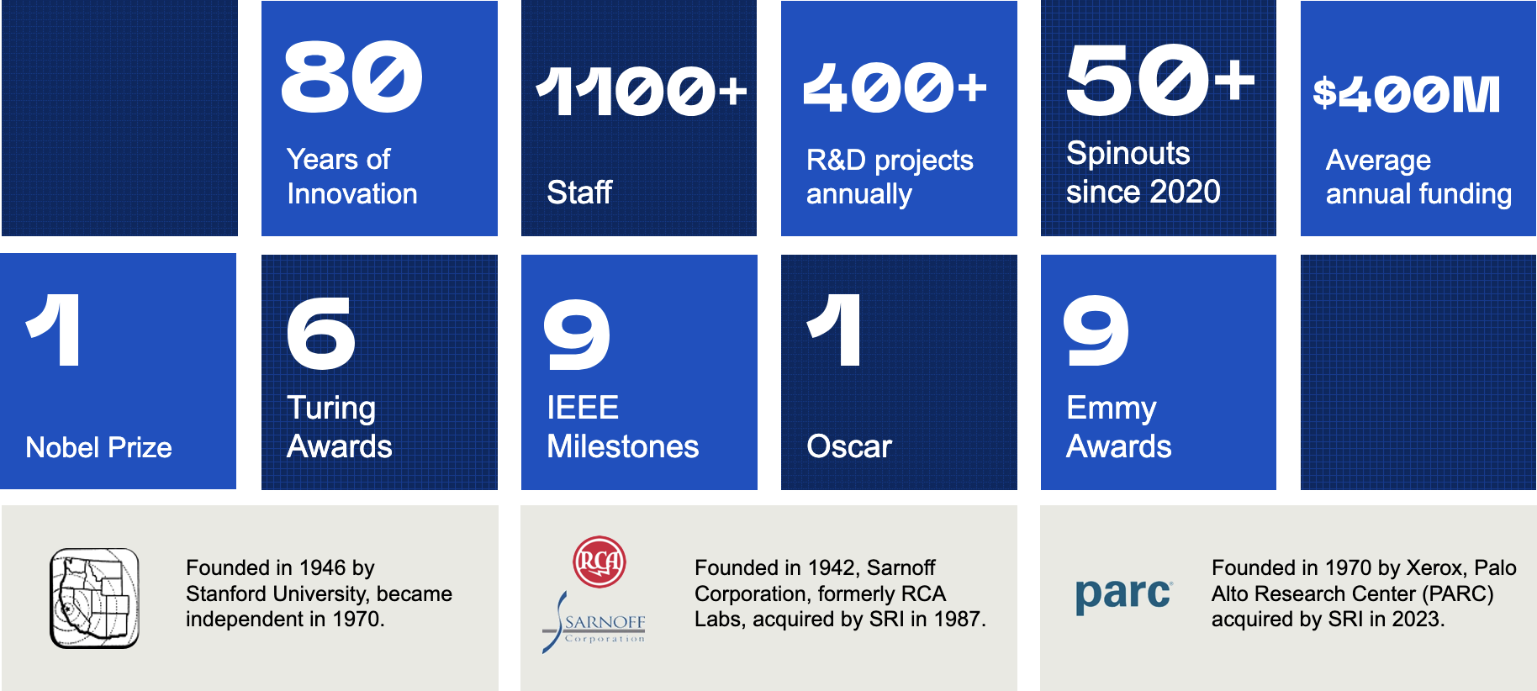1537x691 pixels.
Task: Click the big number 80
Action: pos(351,77)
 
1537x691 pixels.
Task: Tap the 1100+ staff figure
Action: pos(642,91)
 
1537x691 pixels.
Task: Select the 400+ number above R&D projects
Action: pos(895,87)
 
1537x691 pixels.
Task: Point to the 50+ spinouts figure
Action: pos(1160,80)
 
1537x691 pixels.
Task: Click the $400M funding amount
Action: pos(1407,94)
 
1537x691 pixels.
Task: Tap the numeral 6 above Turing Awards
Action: pos(321,334)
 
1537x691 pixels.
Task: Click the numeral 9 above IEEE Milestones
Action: pos(577,335)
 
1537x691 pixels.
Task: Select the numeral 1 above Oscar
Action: pos(834,330)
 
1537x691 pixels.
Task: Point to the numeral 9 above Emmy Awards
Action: pos(1096,330)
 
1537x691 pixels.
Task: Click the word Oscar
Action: pos(849,446)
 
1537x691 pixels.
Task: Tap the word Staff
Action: pos(579,193)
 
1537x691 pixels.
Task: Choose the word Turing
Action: pos(331,409)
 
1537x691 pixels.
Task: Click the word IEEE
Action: pos(583,408)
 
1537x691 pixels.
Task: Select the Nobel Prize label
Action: pos(98,447)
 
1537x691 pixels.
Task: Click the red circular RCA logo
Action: pos(599,561)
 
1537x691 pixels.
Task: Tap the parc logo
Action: pos(1123,595)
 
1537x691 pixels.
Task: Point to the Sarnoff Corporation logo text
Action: pos(605,626)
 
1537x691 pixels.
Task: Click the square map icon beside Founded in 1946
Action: pos(94,598)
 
